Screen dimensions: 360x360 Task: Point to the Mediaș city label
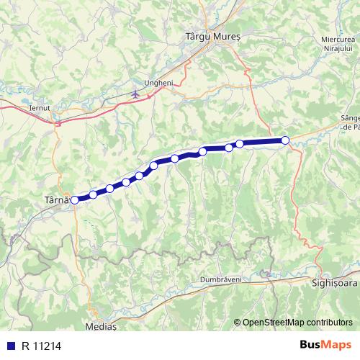(102, 325)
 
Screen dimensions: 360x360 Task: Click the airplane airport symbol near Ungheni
(136, 94)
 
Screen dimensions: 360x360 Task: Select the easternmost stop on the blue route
(285, 140)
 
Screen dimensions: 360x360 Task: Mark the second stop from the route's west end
(93, 194)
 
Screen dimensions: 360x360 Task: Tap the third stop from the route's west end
(109, 189)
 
